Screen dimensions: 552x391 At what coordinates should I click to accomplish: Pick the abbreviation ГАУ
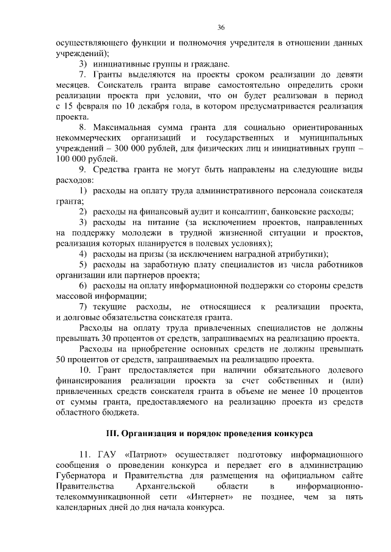click(x=108, y=454)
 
